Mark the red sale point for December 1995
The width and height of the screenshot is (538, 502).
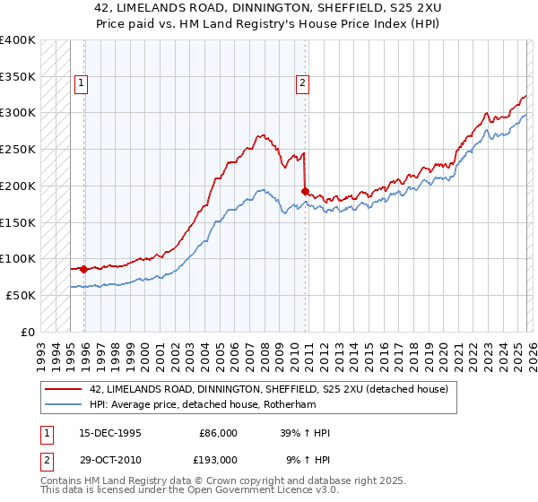tap(84, 268)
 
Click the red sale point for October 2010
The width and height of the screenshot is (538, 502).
tap(306, 190)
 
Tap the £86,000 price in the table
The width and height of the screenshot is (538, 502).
tap(218, 433)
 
